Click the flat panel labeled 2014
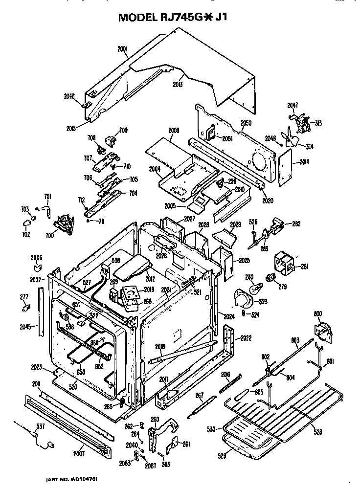tap(284, 167)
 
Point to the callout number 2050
tap(246, 123)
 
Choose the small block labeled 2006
tap(37, 267)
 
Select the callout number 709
tap(123, 130)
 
